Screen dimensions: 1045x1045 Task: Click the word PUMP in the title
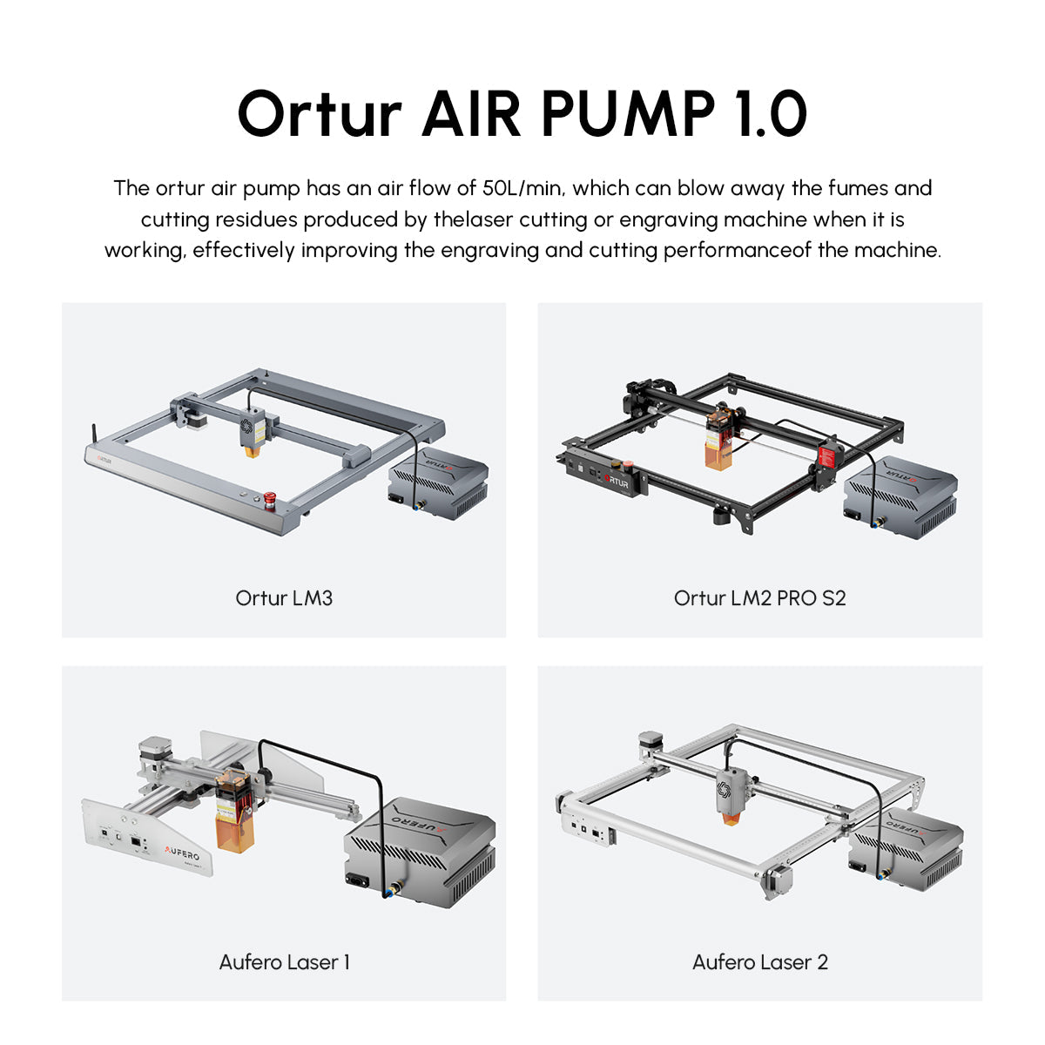[629, 113]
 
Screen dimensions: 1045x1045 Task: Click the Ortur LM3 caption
[284, 597]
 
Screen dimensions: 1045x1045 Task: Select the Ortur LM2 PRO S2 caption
[759, 597]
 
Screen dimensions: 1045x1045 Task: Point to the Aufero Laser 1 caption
[284, 962]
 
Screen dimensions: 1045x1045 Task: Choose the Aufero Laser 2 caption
[759, 962]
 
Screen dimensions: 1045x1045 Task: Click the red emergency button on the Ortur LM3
[269, 500]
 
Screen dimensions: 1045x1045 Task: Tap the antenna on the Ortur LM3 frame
[93, 435]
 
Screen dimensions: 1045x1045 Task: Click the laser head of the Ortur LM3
[252, 432]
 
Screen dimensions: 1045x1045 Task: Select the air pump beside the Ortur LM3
[438, 482]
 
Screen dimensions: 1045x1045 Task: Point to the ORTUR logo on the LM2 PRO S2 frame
[616, 481]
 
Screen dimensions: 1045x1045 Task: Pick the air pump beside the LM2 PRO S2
[900, 496]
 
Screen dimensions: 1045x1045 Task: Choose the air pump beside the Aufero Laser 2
[906, 857]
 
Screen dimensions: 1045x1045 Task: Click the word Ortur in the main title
[320, 114]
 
